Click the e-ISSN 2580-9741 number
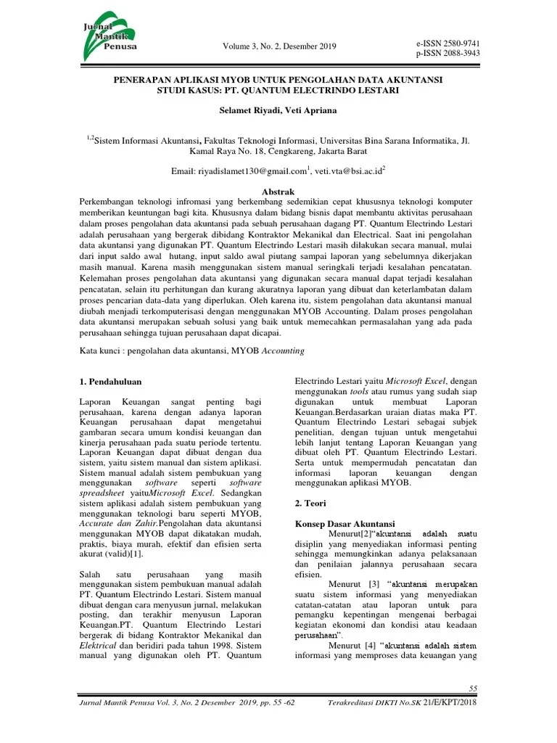click(447, 44)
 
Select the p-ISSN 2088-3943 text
click(447, 54)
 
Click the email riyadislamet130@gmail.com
click(249, 171)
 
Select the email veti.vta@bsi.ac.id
click(350, 171)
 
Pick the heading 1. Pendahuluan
click(110, 381)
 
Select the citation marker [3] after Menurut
click(374, 583)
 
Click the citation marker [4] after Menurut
click(374, 644)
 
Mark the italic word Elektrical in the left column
click(96, 644)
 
